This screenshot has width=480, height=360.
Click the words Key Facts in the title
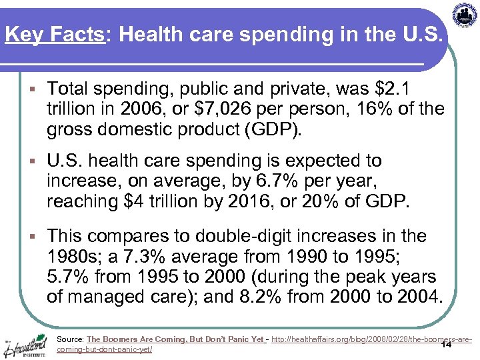pos(53,34)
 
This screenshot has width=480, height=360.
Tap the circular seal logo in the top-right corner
pos(465,15)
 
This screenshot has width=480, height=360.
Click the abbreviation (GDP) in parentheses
pos(273,129)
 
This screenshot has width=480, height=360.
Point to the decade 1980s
pos(77,257)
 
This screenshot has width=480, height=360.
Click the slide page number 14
pos(446,345)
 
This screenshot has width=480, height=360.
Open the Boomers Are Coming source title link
pos(175,339)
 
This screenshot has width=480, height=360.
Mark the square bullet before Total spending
pos(33,89)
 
